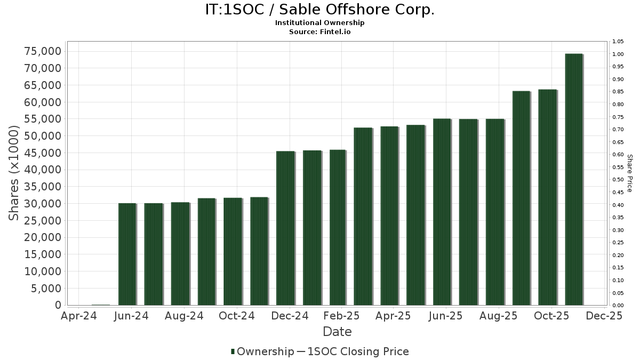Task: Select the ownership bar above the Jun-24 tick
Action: pos(127,254)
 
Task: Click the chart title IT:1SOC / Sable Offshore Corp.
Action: pos(320,10)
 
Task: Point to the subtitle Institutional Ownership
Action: pos(320,23)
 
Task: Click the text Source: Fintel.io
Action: pos(320,32)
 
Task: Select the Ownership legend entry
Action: pos(262,351)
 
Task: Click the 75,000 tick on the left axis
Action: pos(43,51)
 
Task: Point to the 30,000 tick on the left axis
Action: pos(43,204)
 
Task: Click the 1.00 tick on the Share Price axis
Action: pos(618,54)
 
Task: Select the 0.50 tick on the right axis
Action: pos(618,180)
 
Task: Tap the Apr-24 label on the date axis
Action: pos(79,316)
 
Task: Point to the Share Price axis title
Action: pos(629,173)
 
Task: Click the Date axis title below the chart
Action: pos(337,332)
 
